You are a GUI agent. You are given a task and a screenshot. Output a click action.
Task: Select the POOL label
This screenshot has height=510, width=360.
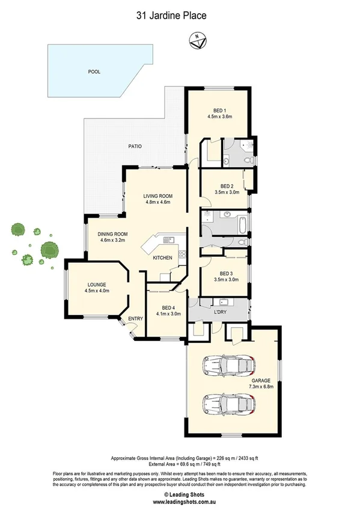coord(94,71)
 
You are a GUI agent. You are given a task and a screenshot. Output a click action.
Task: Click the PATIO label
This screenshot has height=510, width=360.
coord(134,146)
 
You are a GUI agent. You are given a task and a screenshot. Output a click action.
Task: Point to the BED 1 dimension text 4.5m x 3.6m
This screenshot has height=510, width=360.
coord(219,117)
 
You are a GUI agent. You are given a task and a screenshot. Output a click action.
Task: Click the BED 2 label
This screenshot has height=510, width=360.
coord(227,186)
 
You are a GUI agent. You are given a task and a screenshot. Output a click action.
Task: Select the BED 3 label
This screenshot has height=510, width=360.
coord(227,273)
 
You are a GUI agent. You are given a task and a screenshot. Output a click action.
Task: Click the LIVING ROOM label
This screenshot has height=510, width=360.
coord(158,195)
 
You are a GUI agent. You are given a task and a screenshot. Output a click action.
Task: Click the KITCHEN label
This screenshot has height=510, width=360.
coord(162,257)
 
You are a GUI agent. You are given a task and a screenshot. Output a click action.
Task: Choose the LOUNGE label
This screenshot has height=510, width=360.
coord(97,284)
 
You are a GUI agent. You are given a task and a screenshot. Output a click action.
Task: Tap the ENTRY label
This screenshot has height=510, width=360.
coord(134,319)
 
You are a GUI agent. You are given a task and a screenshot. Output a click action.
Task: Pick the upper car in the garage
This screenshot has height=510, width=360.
coord(228,364)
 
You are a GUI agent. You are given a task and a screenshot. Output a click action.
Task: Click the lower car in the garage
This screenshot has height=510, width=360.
coord(228,404)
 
